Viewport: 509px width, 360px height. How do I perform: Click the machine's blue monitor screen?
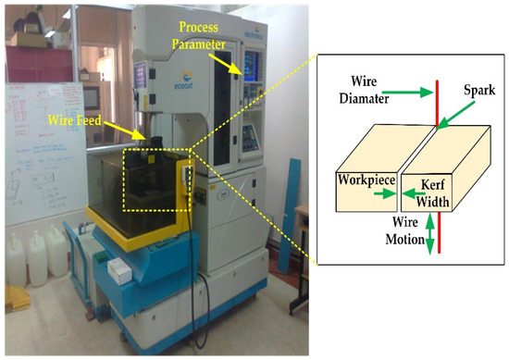point(252,61)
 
